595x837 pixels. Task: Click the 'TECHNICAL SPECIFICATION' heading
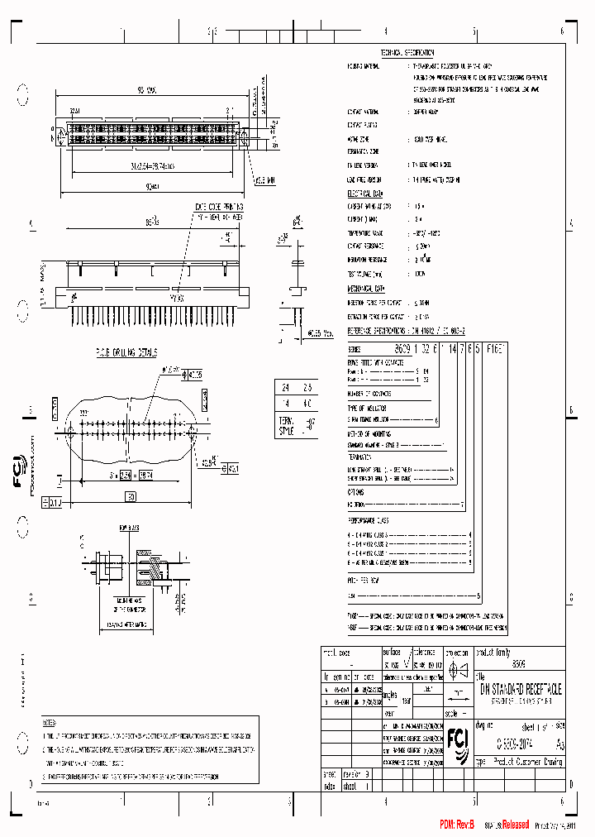[407, 52]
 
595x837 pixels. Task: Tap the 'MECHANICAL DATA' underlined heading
[366, 289]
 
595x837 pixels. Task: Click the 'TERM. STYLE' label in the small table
[285, 426]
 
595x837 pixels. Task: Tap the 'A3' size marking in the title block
[561, 744]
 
